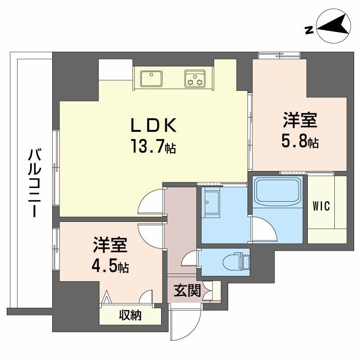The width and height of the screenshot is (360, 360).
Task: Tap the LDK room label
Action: pyautogui.click(x=153, y=126)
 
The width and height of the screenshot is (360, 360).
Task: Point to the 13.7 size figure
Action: pyautogui.click(x=148, y=146)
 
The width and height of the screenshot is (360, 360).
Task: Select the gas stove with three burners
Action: pyautogui.click(x=194, y=78)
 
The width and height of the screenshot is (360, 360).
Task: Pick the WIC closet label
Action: pyautogui.click(x=322, y=207)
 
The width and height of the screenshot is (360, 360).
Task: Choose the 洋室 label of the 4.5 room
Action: pyautogui.click(x=111, y=246)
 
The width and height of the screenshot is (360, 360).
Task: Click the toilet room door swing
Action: pyautogui.click(x=189, y=259)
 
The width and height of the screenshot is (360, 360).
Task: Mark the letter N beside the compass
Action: pyautogui.click(x=309, y=30)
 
